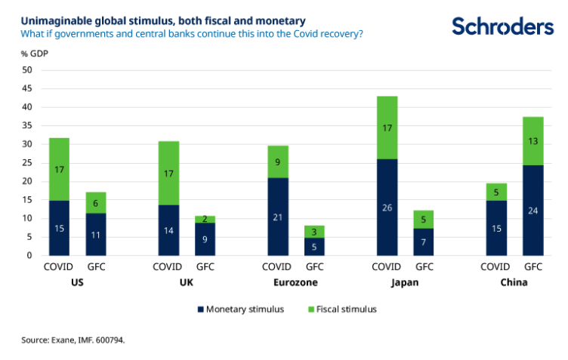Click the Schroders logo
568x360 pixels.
pyautogui.click(x=502, y=26)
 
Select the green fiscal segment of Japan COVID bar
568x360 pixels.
pyautogui.click(x=387, y=128)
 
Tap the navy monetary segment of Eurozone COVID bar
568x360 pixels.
pyautogui.click(x=277, y=217)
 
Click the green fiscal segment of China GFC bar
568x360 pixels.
pyautogui.click(x=532, y=141)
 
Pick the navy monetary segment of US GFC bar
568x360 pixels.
pyautogui.click(x=95, y=235)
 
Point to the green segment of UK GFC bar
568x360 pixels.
pyautogui.click(x=205, y=219)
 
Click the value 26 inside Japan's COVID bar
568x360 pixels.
pyautogui.click(x=387, y=208)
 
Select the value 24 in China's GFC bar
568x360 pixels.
pyautogui.click(x=532, y=211)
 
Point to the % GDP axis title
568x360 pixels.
pyautogui.click(x=34, y=54)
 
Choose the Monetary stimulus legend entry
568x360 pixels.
pyautogui.click(x=240, y=309)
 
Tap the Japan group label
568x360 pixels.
pyautogui.click(x=406, y=282)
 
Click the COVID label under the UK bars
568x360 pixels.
pyautogui.click(x=167, y=266)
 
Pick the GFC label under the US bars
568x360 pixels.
pyautogui.click(x=95, y=266)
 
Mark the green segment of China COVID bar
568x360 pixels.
pyautogui.click(x=495, y=192)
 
